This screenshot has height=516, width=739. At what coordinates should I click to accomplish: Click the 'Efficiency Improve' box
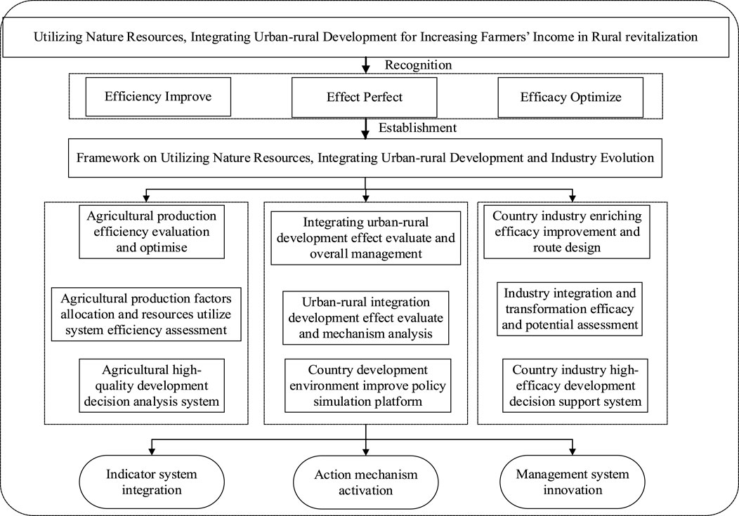pos(158,97)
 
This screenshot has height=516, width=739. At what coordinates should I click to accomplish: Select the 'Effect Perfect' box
pos(365,97)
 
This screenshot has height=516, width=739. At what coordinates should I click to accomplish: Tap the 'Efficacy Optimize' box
pos(570,97)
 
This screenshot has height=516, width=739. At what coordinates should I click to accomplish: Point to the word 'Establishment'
pos(418,128)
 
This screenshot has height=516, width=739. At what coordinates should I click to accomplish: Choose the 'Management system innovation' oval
pos(573,482)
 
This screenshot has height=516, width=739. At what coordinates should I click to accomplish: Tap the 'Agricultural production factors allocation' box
pos(146,314)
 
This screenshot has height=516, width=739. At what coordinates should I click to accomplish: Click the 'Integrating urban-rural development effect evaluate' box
pos(366,237)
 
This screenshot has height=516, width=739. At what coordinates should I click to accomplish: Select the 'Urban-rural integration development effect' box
pos(365,318)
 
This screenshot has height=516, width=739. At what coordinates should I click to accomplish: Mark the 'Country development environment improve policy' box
pos(365,385)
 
